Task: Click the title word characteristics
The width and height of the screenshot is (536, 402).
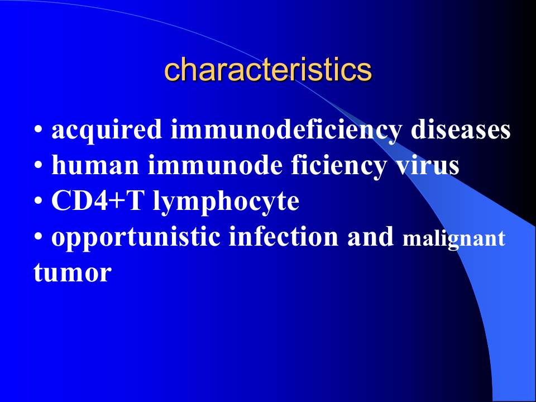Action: (268, 70)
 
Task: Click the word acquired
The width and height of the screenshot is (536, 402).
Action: (107, 131)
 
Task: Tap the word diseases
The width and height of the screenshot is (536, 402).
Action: (461, 130)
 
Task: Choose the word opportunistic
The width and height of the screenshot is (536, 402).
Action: (136, 238)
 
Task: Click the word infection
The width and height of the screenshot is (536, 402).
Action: (283, 237)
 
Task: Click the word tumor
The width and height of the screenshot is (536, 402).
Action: (72, 274)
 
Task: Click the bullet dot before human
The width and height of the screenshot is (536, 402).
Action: (38, 167)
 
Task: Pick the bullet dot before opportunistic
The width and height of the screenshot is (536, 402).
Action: (38, 238)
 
